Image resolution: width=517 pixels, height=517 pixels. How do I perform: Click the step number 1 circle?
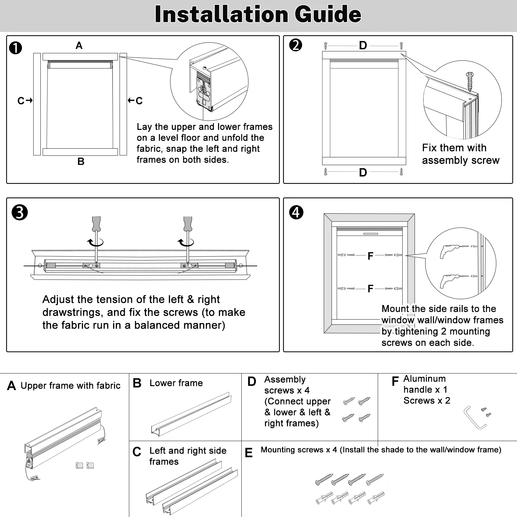coord(16,48)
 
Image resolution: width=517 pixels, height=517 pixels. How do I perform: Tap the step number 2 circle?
coord(296,45)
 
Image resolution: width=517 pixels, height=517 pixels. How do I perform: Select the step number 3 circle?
coord(20,213)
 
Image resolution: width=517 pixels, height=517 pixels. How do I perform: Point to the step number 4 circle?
coord(296,213)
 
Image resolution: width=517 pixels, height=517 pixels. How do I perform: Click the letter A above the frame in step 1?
coord(79,46)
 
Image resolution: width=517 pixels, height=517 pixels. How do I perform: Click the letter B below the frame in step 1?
coord(81,161)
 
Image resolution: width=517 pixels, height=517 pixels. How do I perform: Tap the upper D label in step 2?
coord(363,46)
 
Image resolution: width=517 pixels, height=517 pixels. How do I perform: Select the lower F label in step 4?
coord(370,289)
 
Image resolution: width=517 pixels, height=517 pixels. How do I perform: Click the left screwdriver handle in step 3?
coord(96,223)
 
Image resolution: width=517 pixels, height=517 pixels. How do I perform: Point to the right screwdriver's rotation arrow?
coord(186,242)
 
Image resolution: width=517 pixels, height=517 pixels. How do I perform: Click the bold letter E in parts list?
coord(248,453)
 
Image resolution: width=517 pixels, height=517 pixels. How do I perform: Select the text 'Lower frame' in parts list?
coord(176,383)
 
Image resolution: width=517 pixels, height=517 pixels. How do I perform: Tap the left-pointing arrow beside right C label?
coord(131,100)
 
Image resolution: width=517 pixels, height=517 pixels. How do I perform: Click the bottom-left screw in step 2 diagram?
coord(326,172)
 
